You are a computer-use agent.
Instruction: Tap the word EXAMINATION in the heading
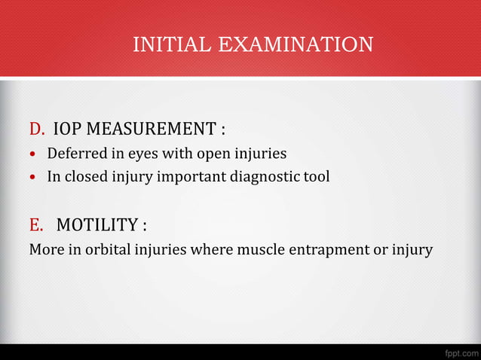[x=296, y=44]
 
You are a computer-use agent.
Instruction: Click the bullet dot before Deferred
[x=32, y=154]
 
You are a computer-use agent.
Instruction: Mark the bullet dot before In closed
[x=32, y=178]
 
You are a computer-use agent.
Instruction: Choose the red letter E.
[x=35, y=224]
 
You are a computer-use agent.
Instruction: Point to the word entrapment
[x=332, y=249]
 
